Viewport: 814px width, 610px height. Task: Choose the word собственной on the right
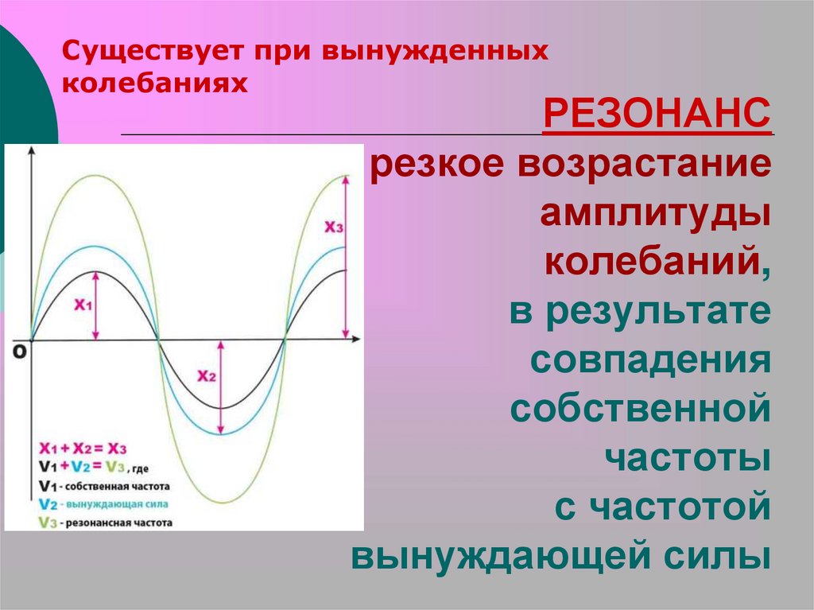click(641, 410)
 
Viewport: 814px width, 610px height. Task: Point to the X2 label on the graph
click(207, 377)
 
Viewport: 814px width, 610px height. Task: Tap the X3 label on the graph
click(334, 227)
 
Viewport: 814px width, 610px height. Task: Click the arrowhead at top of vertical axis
click(31, 151)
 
